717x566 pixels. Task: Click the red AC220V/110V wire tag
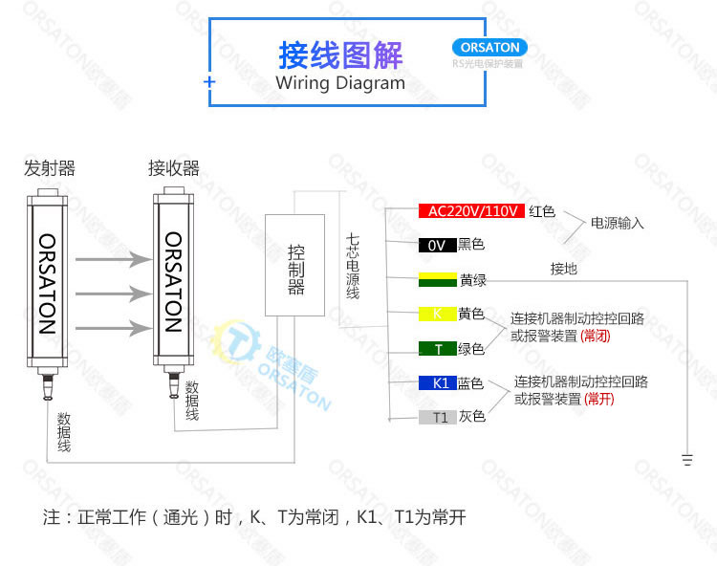click(471, 211)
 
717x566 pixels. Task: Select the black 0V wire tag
click(437, 245)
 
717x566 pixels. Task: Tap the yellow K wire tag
click(437, 314)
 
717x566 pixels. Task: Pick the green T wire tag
click(437, 349)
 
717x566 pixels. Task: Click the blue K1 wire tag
click(437, 383)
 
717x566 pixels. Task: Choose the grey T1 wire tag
click(437, 417)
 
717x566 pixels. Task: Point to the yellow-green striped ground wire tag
click(437, 280)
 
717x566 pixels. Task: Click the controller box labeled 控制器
click(296, 265)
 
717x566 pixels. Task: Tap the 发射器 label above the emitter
click(49, 168)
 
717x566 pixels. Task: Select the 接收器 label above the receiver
click(173, 168)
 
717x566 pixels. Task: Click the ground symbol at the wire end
click(687, 460)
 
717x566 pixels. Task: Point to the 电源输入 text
click(617, 224)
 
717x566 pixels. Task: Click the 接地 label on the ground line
click(564, 269)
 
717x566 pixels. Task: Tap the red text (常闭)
click(595, 336)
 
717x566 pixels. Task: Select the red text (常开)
click(599, 399)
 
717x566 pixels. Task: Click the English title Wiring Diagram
click(340, 83)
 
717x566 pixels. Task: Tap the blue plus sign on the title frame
click(209, 83)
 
